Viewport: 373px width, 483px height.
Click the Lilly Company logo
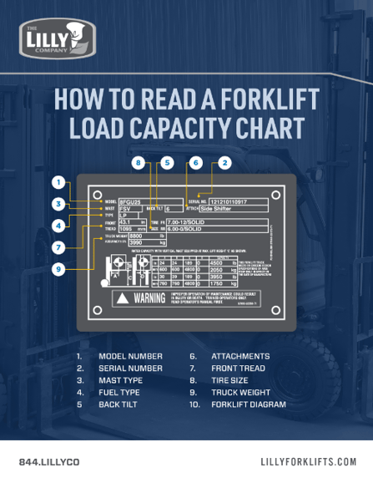(57, 39)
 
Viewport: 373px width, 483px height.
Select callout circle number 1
(58, 181)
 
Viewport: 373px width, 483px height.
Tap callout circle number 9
(58, 269)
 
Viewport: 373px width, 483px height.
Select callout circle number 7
(58, 247)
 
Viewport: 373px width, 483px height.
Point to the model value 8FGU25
(130, 201)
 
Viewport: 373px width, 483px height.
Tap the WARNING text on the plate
(149, 298)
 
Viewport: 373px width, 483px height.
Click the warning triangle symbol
(123, 298)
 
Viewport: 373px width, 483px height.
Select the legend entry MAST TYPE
(120, 380)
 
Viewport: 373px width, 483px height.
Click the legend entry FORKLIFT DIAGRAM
(249, 404)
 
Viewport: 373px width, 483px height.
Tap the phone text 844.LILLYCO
(49, 462)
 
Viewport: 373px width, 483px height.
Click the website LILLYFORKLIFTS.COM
(309, 462)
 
